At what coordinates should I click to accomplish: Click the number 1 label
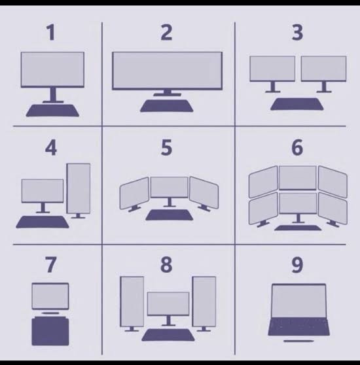click(x=51, y=33)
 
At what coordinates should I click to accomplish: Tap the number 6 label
click(x=297, y=147)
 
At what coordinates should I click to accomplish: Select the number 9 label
click(x=297, y=265)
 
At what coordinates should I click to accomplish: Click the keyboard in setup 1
click(x=52, y=111)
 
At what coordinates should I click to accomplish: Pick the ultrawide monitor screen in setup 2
click(x=167, y=71)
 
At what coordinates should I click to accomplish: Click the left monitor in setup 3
click(x=272, y=69)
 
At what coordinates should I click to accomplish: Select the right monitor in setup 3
click(x=324, y=69)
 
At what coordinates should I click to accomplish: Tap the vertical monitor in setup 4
click(x=79, y=188)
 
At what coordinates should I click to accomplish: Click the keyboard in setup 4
click(x=43, y=222)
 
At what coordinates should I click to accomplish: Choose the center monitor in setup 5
click(x=170, y=187)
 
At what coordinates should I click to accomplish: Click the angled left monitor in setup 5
click(x=134, y=193)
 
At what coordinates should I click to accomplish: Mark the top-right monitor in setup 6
click(x=333, y=182)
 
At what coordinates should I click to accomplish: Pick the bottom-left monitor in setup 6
click(x=263, y=209)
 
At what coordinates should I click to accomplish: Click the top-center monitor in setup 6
click(x=298, y=178)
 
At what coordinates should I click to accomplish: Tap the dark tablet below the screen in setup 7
click(x=50, y=332)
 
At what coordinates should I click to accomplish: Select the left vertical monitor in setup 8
click(x=132, y=302)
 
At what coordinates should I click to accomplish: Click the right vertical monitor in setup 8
click(x=204, y=302)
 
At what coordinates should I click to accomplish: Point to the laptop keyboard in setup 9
click(x=299, y=326)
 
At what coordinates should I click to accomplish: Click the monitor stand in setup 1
click(x=53, y=95)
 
